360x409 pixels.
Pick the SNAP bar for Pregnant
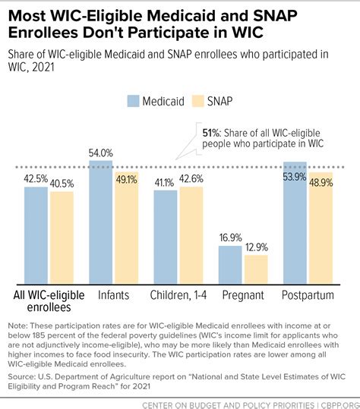pos(256,268)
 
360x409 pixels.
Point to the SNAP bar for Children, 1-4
pos(191,234)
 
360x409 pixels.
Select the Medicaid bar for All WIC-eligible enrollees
pos(36,234)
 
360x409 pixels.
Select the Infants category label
pos(114,293)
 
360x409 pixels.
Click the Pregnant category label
pos(243,293)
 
